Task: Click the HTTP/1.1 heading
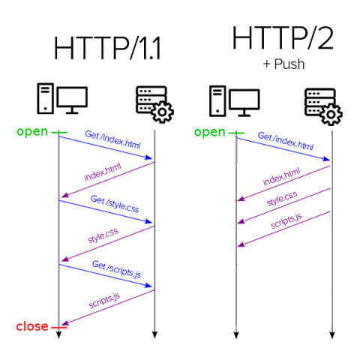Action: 107,48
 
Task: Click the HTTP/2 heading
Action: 283,38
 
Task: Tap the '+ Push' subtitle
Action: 283,64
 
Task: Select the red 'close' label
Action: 32,326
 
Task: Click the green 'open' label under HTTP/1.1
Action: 32,132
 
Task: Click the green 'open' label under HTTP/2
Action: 209,133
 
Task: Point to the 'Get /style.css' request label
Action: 115,204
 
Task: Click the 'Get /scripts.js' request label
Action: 116,269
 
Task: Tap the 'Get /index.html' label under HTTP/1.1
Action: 112,139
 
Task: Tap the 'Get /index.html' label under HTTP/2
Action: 286,141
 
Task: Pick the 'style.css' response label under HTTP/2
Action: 282,199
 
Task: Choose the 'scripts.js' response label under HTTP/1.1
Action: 104,301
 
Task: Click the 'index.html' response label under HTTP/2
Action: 281,177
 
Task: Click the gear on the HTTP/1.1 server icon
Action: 162,112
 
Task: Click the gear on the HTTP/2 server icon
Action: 331,115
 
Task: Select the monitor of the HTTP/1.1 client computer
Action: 72,100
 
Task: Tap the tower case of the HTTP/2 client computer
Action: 217,101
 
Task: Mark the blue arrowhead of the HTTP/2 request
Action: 326,159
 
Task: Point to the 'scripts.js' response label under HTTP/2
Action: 286,220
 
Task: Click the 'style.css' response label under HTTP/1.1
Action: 103,235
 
